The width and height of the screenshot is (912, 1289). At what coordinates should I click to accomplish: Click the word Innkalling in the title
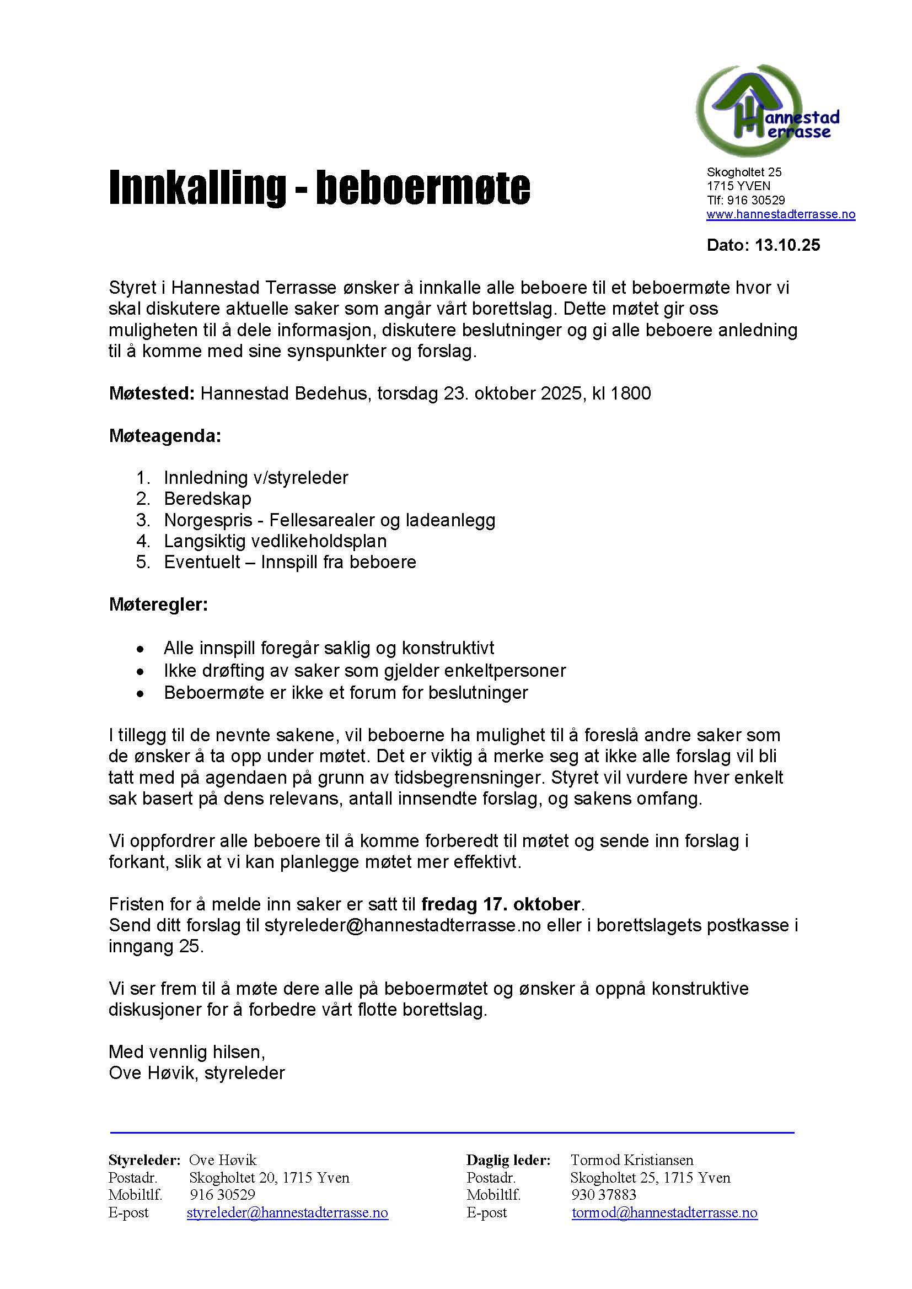coord(196,188)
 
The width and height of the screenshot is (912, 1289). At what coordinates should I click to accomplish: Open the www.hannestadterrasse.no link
coord(781,214)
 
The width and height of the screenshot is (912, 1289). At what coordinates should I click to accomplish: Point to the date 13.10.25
coord(787,245)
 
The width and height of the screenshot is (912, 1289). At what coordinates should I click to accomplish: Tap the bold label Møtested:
coord(152,393)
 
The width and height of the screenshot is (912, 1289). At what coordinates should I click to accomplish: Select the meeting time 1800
coord(631,393)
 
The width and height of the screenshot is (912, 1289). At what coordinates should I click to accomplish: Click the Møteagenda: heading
coord(164,436)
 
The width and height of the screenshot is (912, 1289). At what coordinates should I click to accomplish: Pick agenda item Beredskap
coord(207,499)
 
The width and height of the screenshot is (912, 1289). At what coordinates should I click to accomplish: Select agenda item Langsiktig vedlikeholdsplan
coord(275,541)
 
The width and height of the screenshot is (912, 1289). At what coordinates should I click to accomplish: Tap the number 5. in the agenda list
coord(143,562)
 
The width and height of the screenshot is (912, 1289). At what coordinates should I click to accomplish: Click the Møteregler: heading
coord(158,605)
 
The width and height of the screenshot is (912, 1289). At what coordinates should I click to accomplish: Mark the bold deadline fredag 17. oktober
coord(500,904)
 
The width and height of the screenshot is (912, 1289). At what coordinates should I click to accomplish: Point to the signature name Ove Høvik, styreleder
coord(196,1073)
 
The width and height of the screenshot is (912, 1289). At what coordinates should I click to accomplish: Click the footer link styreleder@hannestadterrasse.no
coord(287,1212)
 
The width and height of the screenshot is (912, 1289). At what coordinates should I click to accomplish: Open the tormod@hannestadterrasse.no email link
coord(664,1212)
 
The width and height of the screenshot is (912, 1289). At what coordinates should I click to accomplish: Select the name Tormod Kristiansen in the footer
coord(632,1160)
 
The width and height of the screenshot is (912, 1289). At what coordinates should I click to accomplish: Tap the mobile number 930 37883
coord(603,1195)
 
